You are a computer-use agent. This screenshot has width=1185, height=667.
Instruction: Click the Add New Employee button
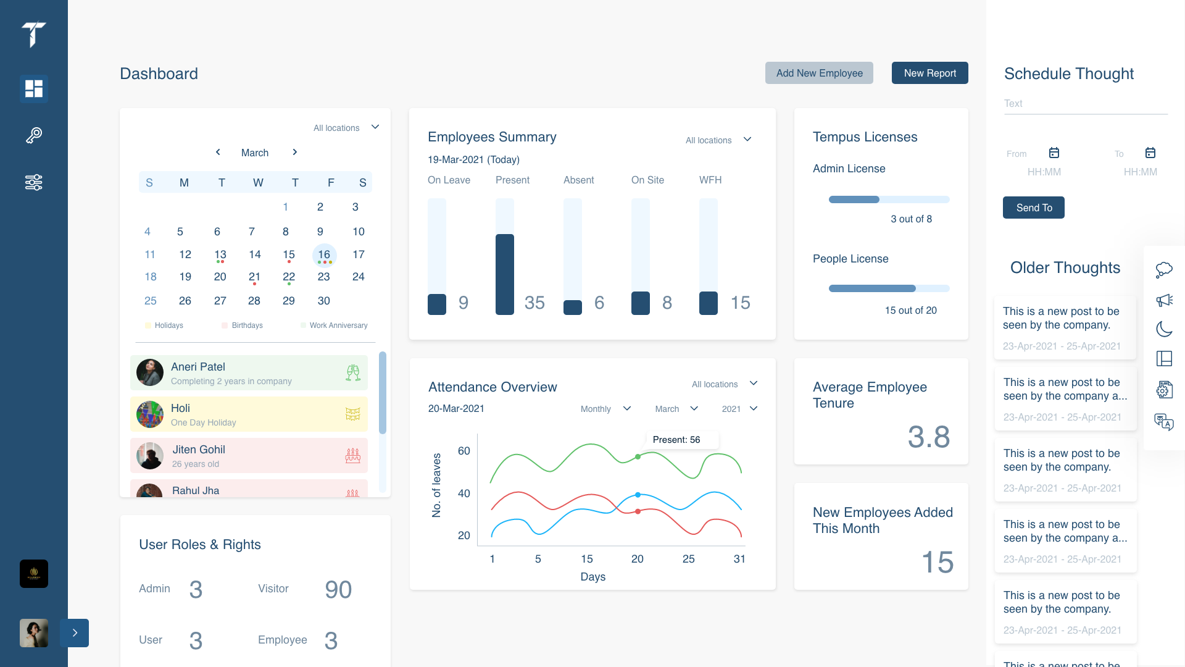[819, 73]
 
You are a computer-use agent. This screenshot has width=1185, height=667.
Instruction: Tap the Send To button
[1033, 208]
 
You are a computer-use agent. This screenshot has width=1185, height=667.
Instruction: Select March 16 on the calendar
[324, 254]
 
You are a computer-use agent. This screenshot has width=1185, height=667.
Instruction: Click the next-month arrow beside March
[295, 152]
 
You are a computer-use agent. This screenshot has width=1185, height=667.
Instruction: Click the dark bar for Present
[504, 274]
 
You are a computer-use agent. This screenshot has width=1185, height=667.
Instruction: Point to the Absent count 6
[599, 303]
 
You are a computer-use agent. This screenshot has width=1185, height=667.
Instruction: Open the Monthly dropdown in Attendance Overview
[605, 409]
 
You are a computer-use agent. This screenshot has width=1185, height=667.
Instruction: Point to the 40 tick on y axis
[464, 493]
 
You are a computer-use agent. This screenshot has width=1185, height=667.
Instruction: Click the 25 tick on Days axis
[688, 559]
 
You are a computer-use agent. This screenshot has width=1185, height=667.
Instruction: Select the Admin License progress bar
[889, 199]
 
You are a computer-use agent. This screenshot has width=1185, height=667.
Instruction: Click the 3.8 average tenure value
[928, 437]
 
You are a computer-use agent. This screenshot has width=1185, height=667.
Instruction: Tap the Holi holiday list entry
[249, 414]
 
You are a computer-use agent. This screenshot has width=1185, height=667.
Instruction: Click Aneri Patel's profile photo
[150, 373]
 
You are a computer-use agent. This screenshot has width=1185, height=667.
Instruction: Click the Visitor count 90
[338, 590]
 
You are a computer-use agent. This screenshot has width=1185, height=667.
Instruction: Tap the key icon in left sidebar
[34, 135]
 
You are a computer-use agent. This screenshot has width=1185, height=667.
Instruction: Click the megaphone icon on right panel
[1164, 300]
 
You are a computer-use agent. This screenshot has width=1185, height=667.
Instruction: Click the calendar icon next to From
[1054, 153]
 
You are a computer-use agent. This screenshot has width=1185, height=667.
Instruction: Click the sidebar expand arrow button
[75, 633]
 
